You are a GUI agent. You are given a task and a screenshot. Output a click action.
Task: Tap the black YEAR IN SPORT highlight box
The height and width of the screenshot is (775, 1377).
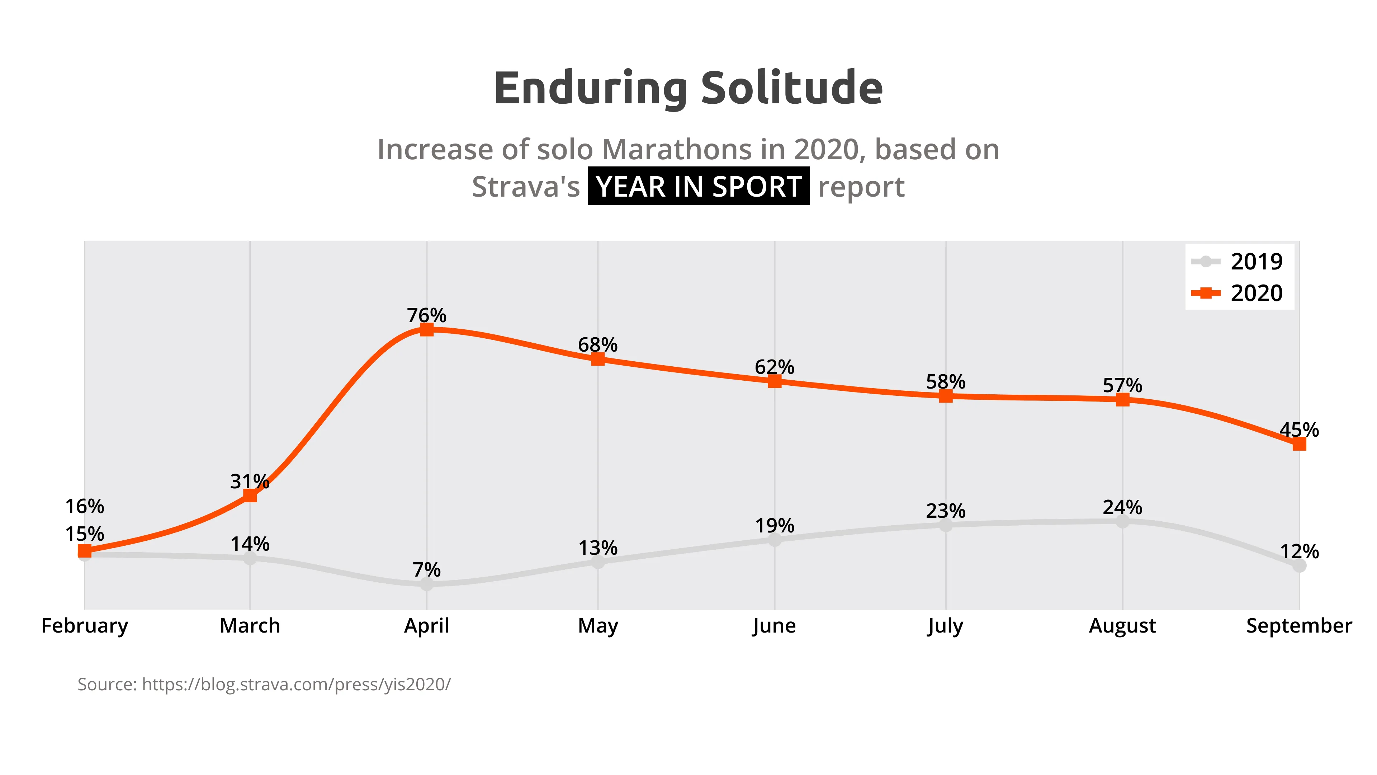(x=698, y=186)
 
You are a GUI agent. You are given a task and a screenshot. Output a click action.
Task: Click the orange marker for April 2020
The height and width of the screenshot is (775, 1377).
(x=427, y=329)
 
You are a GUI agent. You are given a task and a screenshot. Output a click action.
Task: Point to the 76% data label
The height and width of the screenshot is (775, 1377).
(x=427, y=315)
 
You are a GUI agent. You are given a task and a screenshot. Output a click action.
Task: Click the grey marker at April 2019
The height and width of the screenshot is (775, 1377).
(x=427, y=584)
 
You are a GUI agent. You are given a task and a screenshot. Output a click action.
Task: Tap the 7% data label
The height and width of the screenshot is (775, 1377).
(x=427, y=570)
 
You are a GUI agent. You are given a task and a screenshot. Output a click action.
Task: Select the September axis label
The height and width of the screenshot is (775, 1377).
(x=1299, y=625)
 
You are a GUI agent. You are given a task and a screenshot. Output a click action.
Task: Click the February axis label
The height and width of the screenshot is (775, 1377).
(x=85, y=625)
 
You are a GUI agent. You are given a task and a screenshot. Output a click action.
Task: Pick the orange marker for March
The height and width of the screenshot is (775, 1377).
(x=250, y=495)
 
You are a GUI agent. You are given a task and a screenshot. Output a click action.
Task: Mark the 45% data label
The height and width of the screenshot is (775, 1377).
(x=1299, y=429)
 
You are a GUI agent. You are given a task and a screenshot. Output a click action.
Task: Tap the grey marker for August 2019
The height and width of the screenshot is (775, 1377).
(x=1122, y=521)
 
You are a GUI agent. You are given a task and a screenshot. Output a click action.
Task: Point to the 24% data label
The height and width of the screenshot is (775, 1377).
(x=1122, y=507)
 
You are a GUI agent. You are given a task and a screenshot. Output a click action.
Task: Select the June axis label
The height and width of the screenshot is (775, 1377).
(x=774, y=625)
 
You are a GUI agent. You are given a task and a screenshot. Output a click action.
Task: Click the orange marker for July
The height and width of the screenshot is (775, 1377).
(x=946, y=396)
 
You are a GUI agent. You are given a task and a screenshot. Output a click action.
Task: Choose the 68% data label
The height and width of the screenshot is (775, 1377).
(x=598, y=344)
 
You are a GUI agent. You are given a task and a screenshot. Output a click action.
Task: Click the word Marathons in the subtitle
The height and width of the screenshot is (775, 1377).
(x=679, y=149)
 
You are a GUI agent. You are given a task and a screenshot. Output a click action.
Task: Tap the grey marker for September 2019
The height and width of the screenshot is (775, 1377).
(x=1299, y=565)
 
